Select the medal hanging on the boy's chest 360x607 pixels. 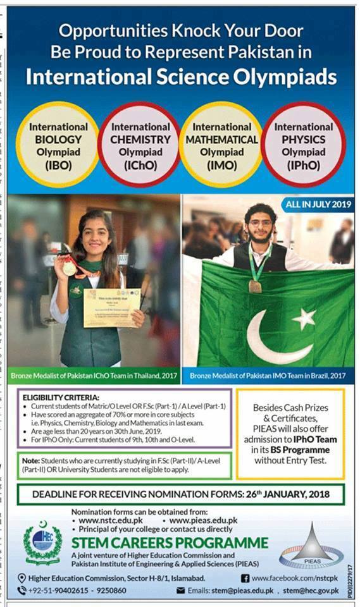pos(255,286)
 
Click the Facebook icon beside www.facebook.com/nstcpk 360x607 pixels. pos(244,578)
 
